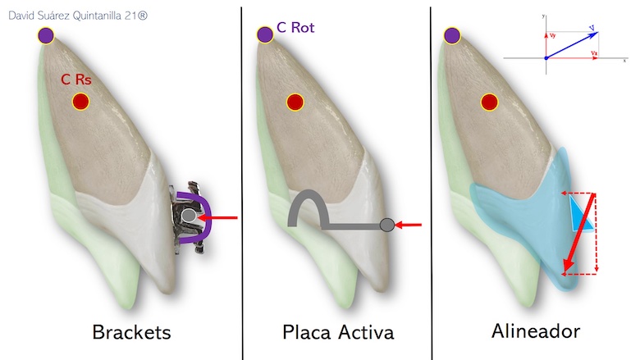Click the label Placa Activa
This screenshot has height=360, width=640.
click(338, 332)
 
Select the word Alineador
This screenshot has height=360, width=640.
click(536, 332)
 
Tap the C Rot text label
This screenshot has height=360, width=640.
click(295, 28)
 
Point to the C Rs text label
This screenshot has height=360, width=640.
click(77, 80)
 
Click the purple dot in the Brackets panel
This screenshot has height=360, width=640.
click(46, 35)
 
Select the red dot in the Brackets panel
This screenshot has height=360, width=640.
click(80, 102)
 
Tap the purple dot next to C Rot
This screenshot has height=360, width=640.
click(264, 34)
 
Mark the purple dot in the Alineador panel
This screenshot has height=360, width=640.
click(450, 35)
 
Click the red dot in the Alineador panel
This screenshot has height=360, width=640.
click(489, 103)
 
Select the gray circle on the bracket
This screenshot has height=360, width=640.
click(190, 216)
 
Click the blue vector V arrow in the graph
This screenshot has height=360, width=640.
click(572, 44)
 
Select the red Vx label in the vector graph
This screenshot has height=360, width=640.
click(593, 52)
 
